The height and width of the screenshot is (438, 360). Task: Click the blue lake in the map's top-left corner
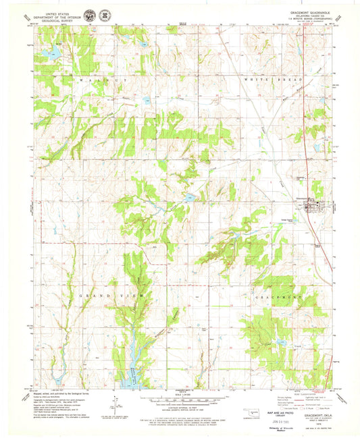point(47,53)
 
